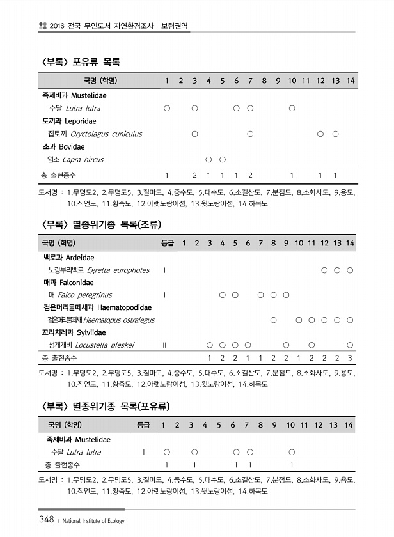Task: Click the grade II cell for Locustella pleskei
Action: coord(165,345)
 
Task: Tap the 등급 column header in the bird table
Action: coord(166,243)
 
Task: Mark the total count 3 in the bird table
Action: coord(350,357)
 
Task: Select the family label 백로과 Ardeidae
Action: coord(68,258)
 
